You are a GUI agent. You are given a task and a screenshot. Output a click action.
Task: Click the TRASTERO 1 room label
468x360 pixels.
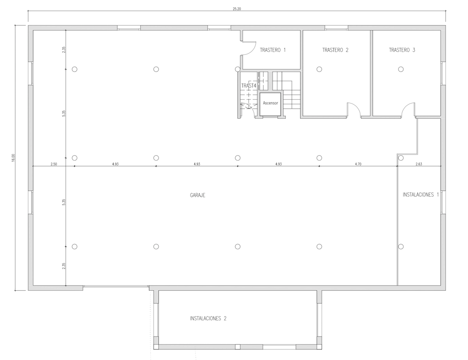point(273,50)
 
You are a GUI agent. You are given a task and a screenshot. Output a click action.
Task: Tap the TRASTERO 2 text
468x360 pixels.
point(335,50)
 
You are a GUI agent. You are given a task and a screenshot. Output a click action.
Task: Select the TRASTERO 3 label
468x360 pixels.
point(402,50)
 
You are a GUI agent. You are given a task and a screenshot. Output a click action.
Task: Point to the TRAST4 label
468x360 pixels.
point(248,86)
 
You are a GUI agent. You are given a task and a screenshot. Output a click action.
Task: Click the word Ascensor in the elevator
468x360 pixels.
point(270,103)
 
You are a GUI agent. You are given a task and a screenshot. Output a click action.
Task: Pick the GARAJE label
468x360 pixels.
point(197,195)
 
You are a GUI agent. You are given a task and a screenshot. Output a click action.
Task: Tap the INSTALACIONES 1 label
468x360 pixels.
point(421,194)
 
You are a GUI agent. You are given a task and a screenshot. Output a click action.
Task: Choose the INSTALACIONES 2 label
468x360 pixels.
point(208,319)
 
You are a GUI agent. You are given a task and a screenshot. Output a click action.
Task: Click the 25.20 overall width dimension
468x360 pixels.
point(237,9)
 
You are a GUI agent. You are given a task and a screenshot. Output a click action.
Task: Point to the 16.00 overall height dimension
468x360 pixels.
point(13,158)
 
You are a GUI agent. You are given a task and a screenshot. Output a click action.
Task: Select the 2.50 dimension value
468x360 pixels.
point(54,164)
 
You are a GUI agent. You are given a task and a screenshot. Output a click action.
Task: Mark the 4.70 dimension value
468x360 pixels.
point(358,164)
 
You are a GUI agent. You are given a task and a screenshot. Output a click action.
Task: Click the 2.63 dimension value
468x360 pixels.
point(418,164)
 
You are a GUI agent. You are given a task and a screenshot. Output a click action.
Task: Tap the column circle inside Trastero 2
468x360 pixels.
point(319,69)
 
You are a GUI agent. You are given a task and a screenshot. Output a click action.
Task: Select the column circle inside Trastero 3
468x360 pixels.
point(401,69)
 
